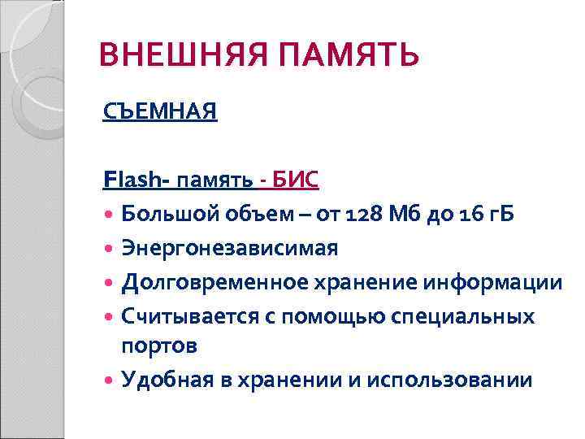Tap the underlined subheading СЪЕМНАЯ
[x=160, y=111]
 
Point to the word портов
[x=159, y=346]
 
